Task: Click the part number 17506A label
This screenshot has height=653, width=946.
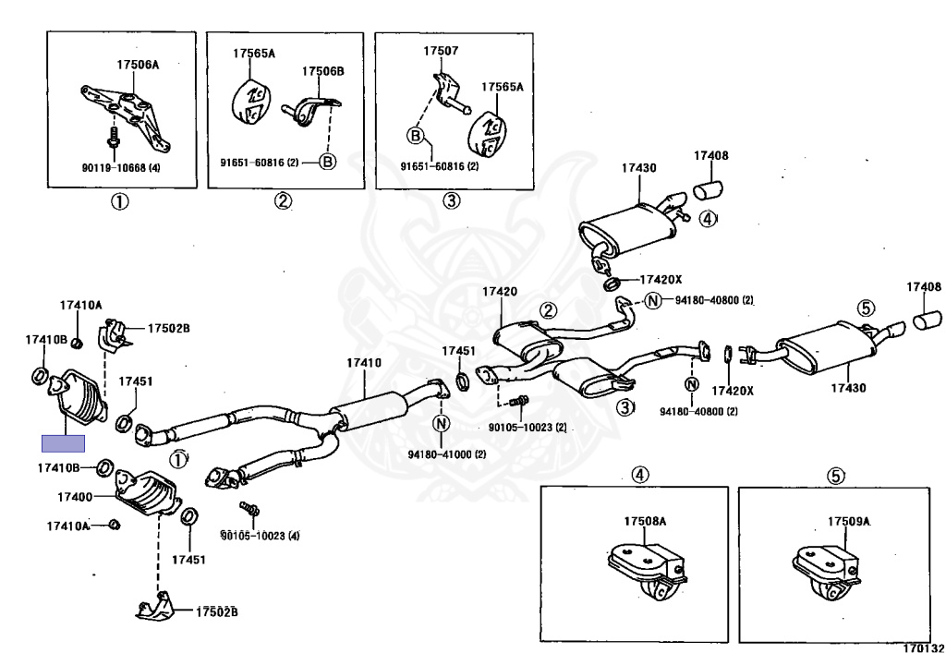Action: [138, 66]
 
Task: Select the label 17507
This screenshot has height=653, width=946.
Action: [441, 51]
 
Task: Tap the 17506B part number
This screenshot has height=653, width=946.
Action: [322, 71]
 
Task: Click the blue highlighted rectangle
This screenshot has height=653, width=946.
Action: [63, 443]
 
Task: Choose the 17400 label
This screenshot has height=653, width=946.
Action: [75, 497]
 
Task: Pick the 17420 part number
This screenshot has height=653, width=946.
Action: [499, 292]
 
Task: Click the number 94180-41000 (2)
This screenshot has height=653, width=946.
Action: [447, 453]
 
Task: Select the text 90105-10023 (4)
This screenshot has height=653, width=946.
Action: [260, 535]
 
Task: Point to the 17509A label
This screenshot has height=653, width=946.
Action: [848, 521]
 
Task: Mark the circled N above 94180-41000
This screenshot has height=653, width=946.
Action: [442, 424]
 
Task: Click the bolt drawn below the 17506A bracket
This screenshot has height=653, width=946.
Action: [113, 141]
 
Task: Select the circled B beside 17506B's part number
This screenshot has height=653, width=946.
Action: [328, 161]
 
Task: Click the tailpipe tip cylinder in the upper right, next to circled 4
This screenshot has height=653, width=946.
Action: [709, 190]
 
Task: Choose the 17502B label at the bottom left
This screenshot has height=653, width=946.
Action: [216, 611]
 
